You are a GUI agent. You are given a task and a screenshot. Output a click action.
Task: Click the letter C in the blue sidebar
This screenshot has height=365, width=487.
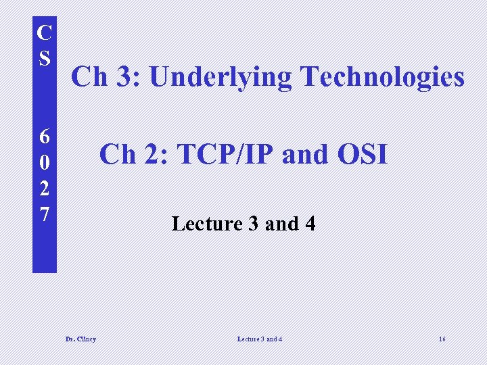(x=45, y=32)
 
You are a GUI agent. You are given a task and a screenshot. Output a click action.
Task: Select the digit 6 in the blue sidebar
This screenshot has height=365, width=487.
(x=45, y=137)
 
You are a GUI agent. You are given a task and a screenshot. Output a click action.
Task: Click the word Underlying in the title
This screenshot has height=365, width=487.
(x=221, y=78)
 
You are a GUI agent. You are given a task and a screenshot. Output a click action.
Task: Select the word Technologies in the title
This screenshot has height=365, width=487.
(x=382, y=77)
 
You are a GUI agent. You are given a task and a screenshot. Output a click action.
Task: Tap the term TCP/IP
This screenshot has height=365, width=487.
(x=226, y=155)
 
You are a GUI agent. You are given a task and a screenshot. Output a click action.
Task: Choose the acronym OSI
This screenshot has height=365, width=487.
(x=362, y=155)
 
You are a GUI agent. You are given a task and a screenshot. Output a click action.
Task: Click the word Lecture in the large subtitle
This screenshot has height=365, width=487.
(x=208, y=224)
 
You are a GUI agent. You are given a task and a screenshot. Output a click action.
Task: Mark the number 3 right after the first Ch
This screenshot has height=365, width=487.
(x=125, y=77)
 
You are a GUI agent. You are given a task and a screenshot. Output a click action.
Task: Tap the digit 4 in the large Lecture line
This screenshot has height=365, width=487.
(x=310, y=224)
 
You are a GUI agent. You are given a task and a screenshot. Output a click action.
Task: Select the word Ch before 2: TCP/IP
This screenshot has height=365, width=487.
(x=118, y=155)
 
